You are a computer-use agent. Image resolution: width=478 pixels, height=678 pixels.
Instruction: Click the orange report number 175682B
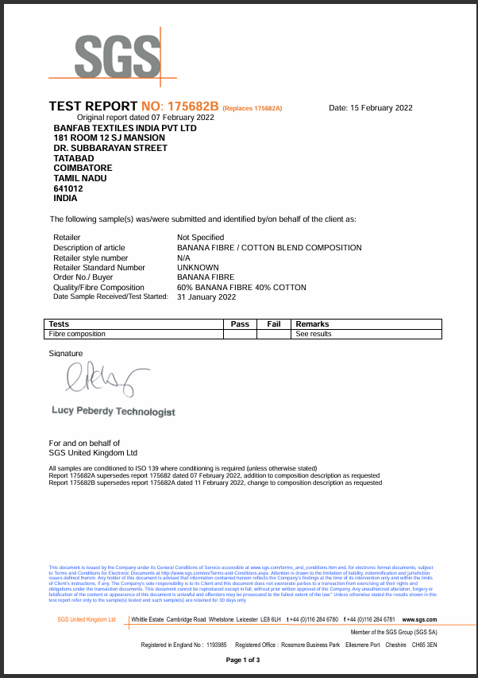point(191,107)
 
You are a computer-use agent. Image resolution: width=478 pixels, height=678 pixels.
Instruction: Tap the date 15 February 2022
point(371,107)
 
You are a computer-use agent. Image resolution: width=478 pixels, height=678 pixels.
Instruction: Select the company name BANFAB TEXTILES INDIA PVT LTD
point(125,128)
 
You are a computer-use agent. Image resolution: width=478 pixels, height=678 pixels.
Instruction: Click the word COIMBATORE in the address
point(83,169)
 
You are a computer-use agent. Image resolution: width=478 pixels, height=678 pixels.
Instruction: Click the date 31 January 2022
point(206,297)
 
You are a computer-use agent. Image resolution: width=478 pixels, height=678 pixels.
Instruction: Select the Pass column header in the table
point(240,324)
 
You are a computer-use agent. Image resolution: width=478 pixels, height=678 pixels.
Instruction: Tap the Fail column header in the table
point(274,324)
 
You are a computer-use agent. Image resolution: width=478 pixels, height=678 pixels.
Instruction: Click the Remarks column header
point(312,324)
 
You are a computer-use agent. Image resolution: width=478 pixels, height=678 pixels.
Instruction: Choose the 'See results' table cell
point(314,334)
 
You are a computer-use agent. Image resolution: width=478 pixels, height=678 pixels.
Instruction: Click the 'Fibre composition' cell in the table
point(77,334)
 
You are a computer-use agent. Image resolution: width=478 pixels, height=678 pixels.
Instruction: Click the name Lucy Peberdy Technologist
point(113,412)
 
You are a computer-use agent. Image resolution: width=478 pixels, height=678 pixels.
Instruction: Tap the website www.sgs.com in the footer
point(420,619)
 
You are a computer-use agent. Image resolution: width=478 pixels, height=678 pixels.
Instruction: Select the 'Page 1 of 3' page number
point(243,661)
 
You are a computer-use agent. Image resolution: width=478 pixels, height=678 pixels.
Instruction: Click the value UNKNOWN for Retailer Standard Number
point(199,268)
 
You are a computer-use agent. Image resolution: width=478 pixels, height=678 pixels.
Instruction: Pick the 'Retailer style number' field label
point(91,258)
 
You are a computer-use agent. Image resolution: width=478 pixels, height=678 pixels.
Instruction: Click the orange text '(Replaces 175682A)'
point(252,108)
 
